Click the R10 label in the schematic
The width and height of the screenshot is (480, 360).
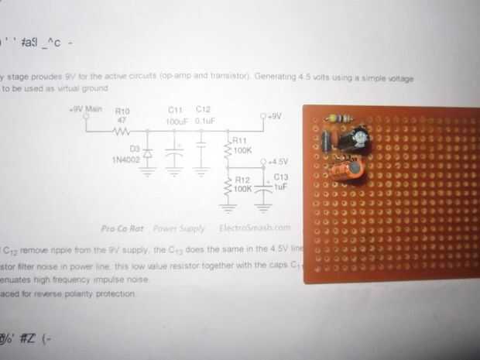[x=122, y=111]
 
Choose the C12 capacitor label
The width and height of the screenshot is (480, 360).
[x=204, y=109]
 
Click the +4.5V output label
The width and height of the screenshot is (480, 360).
[x=276, y=162]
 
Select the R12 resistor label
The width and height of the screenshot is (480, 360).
[x=242, y=179]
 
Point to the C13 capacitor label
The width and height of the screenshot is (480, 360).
[x=279, y=177]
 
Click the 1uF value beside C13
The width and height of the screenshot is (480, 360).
[x=279, y=187]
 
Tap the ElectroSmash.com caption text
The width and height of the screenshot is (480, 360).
[x=255, y=228]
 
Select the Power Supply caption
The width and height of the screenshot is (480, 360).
[x=179, y=228]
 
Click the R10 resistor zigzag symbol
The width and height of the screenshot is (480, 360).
[x=122, y=132]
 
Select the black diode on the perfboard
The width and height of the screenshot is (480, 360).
[x=329, y=141]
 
